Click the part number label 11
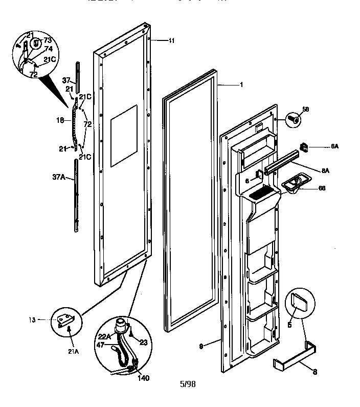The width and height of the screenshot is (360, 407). point(171,40)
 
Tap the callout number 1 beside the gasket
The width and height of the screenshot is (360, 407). point(240,84)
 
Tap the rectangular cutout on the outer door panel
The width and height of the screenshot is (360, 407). point(124,136)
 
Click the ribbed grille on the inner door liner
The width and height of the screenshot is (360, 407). point(259,193)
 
